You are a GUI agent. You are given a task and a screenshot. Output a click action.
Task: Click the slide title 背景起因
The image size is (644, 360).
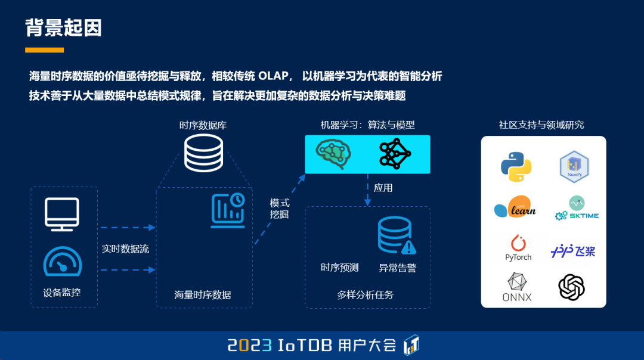[x=64, y=27]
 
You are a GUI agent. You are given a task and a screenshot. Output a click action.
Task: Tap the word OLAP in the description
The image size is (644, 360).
[x=274, y=77]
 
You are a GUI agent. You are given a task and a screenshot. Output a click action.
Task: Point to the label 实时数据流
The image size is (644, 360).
[x=125, y=249]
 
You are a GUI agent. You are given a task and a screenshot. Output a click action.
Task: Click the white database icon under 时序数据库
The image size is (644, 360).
[x=203, y=153]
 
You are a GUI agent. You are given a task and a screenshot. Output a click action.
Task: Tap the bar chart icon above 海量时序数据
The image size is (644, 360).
[x=228, y=210]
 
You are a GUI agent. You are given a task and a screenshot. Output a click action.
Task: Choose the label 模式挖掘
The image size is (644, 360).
[x=280, y=209]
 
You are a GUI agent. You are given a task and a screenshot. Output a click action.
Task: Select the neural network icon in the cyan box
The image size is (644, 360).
[x=395, y=154]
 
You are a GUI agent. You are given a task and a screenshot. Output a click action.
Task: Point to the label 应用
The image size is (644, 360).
[x=383, y=188]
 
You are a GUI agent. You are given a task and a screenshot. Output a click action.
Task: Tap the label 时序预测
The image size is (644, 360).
[x=340, y=268]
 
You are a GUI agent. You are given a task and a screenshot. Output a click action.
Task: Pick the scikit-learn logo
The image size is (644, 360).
[x=515, y=207]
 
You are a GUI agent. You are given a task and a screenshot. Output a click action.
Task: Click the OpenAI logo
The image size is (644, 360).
[x=571, y=287]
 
